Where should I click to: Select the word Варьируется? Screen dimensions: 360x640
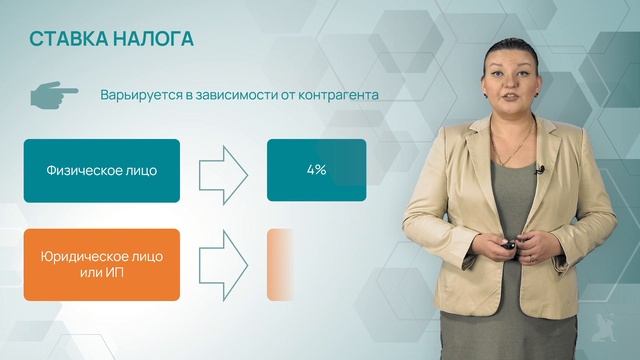point(138,96)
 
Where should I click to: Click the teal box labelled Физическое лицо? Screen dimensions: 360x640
point(102,170)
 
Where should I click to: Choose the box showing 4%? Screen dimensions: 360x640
point(316,170)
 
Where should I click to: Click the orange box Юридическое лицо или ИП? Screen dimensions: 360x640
point(102,264)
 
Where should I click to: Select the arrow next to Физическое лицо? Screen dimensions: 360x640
point(223,170)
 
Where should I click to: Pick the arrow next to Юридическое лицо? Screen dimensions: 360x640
point(223,264)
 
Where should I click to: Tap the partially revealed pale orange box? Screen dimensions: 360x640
point(280,264)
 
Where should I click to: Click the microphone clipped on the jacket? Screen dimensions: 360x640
point(539,171)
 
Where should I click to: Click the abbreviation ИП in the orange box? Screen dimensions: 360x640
point(117,273)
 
